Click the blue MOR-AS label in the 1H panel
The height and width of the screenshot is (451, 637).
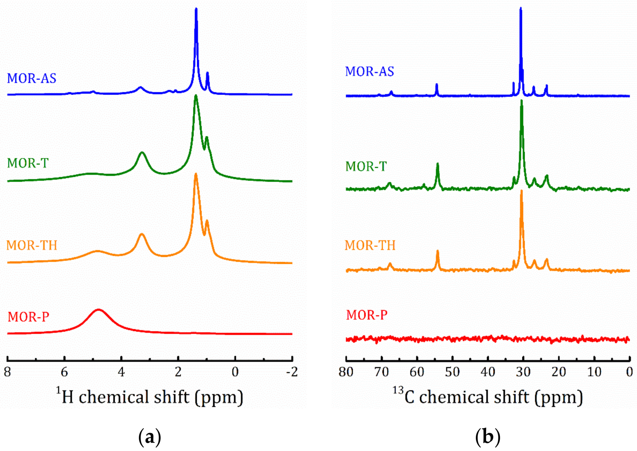click(31, 78)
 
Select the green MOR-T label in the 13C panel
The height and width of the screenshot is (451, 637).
click(366, 167)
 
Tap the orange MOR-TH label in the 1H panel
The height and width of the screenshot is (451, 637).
click(32, 245)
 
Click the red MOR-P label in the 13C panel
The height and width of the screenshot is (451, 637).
click(367, 315)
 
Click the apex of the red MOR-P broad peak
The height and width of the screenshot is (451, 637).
click(98, 309)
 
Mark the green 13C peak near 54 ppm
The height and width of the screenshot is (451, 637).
click(438, 164)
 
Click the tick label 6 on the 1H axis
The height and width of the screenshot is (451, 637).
click(64, 372)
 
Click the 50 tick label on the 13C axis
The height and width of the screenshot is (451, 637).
click(452, 372)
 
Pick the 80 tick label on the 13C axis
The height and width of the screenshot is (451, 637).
click(346, 372)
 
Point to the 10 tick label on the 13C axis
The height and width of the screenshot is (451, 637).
click(594, 372)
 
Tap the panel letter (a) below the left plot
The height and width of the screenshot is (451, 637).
click(150, 438)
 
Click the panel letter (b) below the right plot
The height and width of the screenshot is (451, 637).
click(488, 438)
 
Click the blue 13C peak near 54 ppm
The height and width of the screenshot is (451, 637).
click(437, 85)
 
